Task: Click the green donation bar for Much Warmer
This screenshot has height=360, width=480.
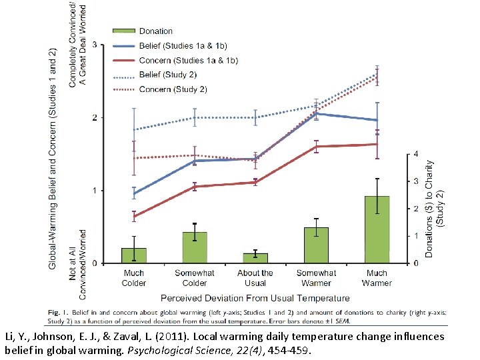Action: coord(377,229)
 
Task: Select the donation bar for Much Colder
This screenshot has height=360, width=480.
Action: coord(134,255)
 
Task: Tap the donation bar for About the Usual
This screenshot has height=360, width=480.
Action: coord(255,258)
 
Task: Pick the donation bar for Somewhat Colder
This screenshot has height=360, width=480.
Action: coord(195,247)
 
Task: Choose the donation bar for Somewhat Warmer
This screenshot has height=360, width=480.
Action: coord(316,245)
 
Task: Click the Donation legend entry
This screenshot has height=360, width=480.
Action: coord(155,31)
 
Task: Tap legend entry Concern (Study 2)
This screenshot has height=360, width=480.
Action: coord(173,89)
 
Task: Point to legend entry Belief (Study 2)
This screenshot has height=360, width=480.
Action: coord(167,75)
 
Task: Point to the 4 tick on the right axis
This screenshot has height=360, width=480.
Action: coord(415,154)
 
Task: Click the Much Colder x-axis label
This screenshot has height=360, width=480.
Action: coord(134,277)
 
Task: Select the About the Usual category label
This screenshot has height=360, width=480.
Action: coord(255,277)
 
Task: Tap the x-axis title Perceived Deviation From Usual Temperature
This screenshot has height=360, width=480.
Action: coord(255,298)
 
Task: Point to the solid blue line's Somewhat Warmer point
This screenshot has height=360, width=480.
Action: coord(316,114)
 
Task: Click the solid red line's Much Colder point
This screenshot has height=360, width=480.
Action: coord(134,216)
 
